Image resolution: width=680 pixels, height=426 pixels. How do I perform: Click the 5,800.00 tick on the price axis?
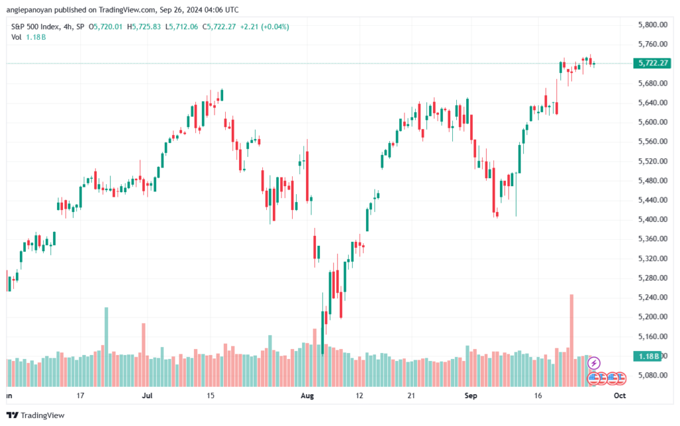coord(651,25)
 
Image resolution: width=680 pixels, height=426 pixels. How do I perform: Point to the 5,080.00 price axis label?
coord(651,375)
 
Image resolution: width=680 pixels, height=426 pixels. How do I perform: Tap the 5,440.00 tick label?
coord(651,200)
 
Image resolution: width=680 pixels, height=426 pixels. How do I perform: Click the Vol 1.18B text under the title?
coord(27,37)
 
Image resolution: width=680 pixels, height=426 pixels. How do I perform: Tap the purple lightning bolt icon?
coord(594,363)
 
